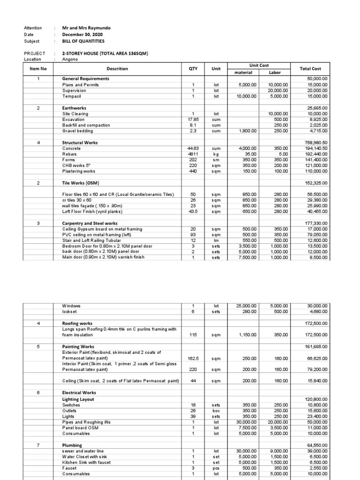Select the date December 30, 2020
point(82,35)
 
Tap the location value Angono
point(70,60)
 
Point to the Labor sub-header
point(275,72)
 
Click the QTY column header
point(193,69)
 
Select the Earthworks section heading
point(75,108)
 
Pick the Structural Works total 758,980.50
point(317,142)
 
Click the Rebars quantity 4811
point(193,154)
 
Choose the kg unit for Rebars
point(216,154)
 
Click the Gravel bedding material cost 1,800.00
point(247,131)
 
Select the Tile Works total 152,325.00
point(317,183)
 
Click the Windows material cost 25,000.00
point(246,306)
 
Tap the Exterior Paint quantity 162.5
point(193,358)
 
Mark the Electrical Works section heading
point(79,393)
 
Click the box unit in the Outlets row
point(216,411)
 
